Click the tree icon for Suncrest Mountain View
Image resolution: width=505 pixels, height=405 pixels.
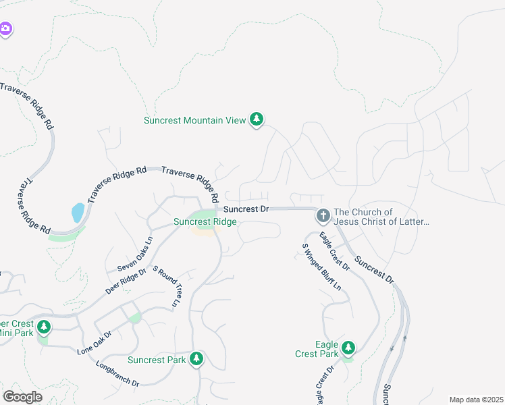click(256, 120)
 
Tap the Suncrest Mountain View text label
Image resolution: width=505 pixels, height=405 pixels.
click(194, 121)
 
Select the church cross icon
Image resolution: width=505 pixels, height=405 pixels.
click(323, 216)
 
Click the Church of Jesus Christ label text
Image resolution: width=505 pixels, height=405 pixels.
click(381, 217)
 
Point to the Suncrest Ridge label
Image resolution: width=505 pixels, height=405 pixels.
click(205, 221)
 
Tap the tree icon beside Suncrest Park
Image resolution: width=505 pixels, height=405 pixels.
click(196, 358)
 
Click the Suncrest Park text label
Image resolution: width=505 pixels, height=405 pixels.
click(157, 360)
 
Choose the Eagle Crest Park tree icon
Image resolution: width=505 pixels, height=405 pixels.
click(348, 348)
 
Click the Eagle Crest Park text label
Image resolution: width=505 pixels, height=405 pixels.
click(317, 349)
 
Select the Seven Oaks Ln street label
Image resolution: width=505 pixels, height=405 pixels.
click(135, 254)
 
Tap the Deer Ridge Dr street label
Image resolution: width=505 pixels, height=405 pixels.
click(126, 282)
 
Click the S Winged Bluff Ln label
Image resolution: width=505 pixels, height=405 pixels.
click(321, 267)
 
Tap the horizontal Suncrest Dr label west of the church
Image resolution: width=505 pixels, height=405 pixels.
click(246, 209)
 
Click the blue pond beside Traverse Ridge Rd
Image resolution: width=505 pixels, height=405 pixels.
click(78, 213)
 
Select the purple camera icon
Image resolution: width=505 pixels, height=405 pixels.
click(5, 28)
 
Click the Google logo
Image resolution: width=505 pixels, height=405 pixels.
click(22, 396)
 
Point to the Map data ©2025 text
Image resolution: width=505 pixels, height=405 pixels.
click(475, 400)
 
